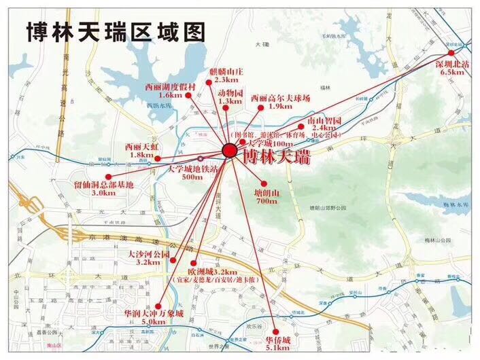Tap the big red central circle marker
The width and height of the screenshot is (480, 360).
tap(230, 151)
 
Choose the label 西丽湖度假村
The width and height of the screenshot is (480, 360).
tap(171, 87)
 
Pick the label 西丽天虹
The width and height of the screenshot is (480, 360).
tap(141, 146)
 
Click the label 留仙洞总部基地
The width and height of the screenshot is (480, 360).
tap(104, 184)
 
